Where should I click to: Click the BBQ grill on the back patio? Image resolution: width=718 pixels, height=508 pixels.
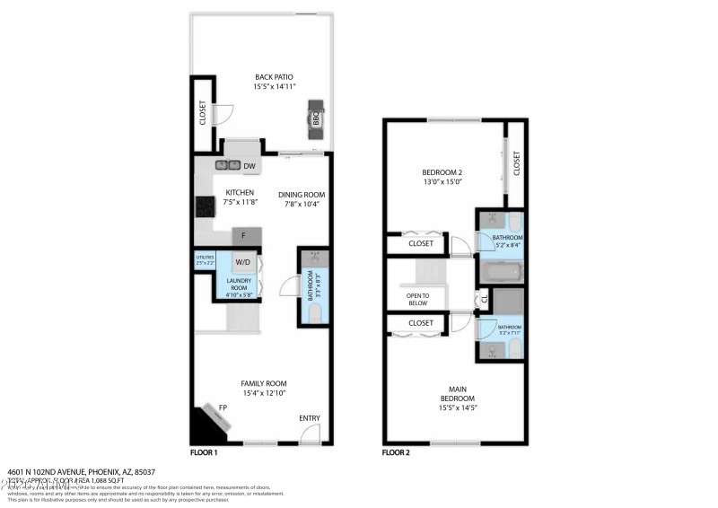pos(318,117)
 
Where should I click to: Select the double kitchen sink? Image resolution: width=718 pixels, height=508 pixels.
pos(227,165)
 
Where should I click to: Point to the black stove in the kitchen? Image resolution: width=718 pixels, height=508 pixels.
pos(203,207)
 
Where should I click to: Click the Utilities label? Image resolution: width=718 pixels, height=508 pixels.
pos(204,261)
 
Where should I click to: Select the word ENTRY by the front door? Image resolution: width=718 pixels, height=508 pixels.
pos(309,418)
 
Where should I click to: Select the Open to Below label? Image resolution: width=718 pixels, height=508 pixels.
pos(417,300)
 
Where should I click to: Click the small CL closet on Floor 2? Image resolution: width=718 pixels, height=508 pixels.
pos(483,300)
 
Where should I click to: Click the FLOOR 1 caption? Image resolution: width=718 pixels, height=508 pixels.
pos(204,453)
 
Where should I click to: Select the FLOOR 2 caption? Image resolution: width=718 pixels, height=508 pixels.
pos(396,453)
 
